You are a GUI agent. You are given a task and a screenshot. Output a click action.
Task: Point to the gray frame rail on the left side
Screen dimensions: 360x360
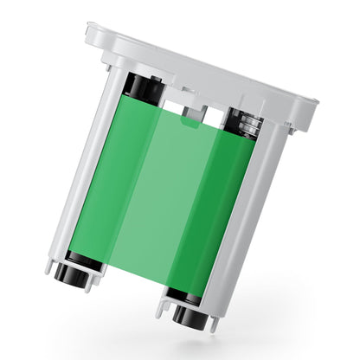pos(83,173)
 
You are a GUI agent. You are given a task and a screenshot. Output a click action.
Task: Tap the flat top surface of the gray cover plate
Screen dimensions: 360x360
pos(199,65)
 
